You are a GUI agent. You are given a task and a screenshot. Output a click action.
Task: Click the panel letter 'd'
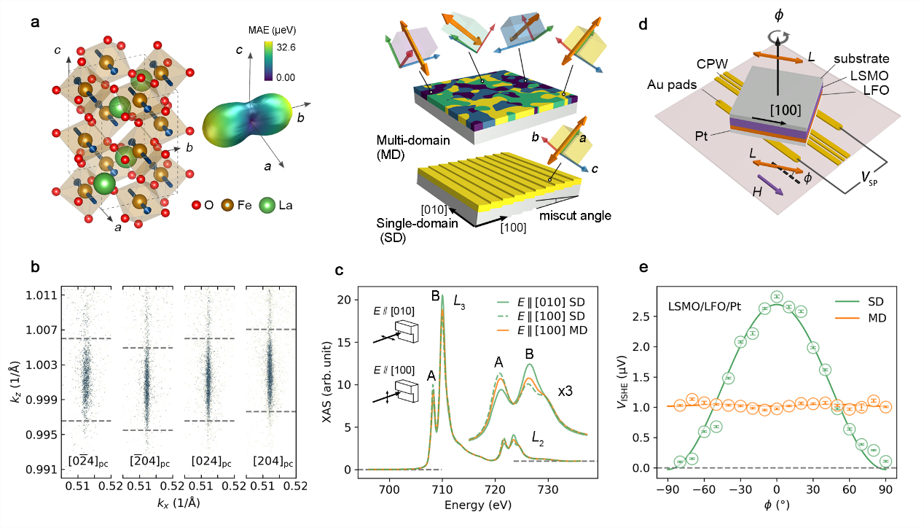coord(643,24)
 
